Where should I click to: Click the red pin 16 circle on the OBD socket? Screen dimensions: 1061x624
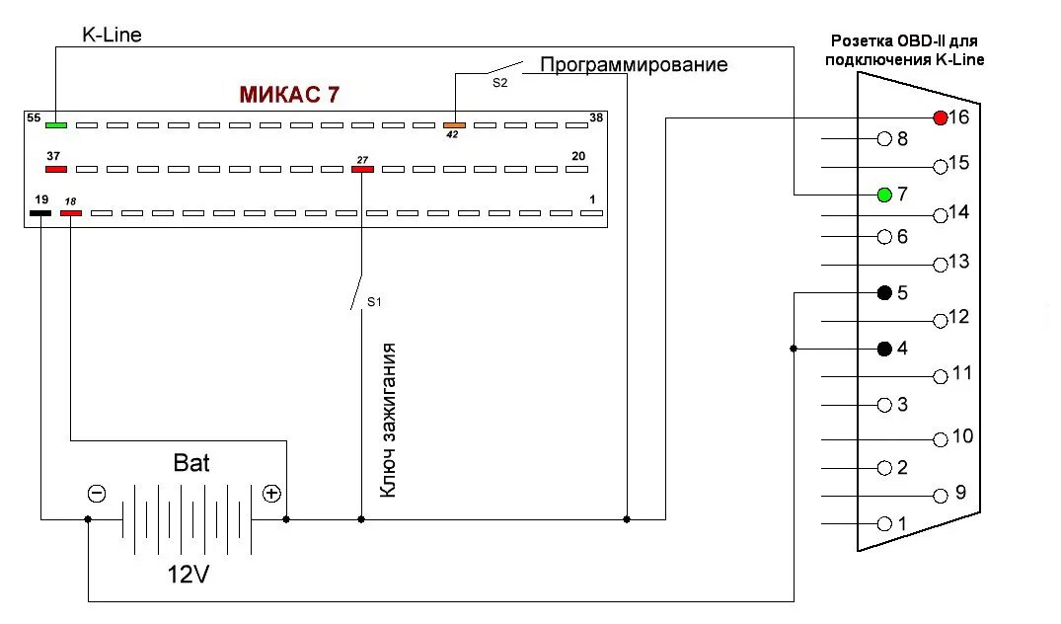point(940,118)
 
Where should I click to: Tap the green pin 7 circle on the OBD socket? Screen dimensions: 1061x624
point(884,194)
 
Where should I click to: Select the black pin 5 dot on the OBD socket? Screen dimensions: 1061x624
point(884,293)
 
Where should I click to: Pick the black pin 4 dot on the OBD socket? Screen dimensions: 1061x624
point(884,349)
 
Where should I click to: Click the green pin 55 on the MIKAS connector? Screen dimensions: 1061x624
point(56,125)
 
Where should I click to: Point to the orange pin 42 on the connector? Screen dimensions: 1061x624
point(454,125)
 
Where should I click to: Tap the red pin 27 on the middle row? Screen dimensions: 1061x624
point(363,169)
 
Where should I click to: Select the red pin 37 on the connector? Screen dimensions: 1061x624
point(56,169)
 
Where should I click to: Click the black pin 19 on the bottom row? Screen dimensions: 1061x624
point(40,212)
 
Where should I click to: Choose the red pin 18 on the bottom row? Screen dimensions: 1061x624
point(71,212)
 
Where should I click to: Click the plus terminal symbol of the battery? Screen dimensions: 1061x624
point(271,494)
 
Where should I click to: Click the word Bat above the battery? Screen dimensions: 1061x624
point(191,462)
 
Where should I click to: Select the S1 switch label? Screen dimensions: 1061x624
point(374,301)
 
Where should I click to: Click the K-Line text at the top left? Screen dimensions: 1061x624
point(112,36)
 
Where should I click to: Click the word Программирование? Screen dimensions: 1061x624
point(634,65)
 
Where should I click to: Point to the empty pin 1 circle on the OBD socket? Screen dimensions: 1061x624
point(884,523)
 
